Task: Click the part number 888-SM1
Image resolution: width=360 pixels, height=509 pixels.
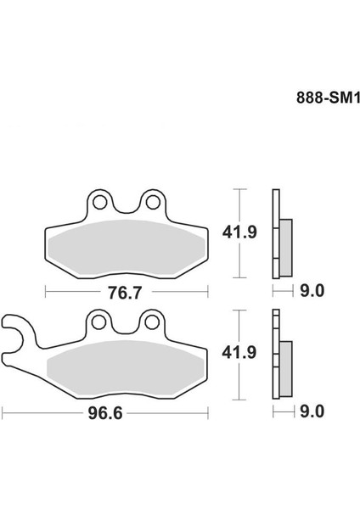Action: click(x=328, y=98)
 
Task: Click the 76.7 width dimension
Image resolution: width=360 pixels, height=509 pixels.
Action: click(x=125, y=293)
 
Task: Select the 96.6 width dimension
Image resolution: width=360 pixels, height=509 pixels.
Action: click(x=105, y=413)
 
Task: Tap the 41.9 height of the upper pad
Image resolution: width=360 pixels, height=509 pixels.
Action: click(x=239, y=232)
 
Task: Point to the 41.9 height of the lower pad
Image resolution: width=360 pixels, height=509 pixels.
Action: click(x=239, y=352)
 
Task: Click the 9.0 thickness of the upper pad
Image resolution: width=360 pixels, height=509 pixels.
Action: click(x=312, y=290)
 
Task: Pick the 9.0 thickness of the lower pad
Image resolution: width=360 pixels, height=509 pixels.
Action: click(x=312, y=411)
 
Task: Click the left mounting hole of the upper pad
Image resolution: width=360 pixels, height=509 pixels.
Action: click(x=99, y=202)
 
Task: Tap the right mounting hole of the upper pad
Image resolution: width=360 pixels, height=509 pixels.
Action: click(x=153, y=202)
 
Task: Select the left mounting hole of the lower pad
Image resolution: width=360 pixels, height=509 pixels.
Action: click(x=98, y=322)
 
